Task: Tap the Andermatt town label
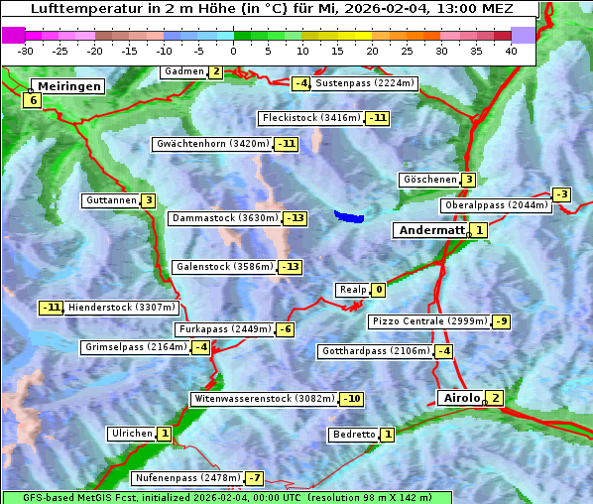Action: pyautogui.click(x=430, y=230)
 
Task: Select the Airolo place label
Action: pyautogui.click(x=461, y=398)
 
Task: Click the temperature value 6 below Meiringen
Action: pyautogui.click(x=33, y=100)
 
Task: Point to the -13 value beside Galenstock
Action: pyautogui.click(x=290, y=267)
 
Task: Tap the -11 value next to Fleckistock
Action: pyautogui.click(x=377, y=118)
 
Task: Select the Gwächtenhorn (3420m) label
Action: pyautogui.click(x=212, y=144)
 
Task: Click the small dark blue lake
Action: pyautogui.click(x=349, y=215)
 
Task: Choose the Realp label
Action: pyautogui.click(x=352, y=290)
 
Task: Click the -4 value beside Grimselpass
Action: pyautogui.click(x=200, y=347)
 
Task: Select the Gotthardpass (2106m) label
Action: pyautogui.click(x=375, y=351)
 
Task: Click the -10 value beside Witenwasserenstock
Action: pyautogui.click(x=351, y=399)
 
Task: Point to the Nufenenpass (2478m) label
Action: pyautogui.click(x=187, y=478)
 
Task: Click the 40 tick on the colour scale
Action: pyautogui.click(x=511, y=51)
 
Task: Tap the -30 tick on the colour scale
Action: pyautogui.click(x=26, y=51)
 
